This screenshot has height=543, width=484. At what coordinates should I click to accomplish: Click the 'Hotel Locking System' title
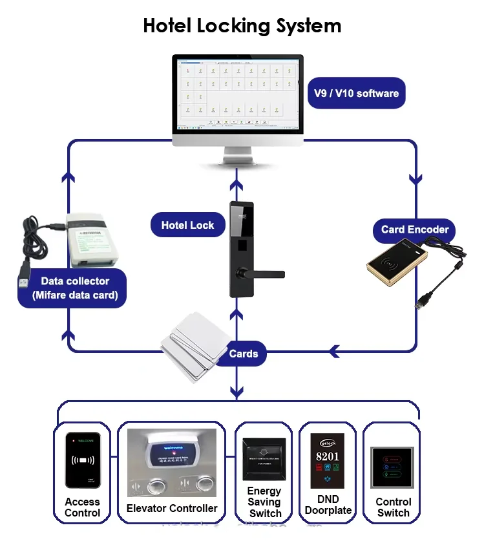242,26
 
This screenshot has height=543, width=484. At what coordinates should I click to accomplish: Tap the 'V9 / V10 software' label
356,93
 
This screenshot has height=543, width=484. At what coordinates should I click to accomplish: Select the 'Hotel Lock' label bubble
187,225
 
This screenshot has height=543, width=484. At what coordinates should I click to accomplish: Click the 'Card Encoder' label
414,229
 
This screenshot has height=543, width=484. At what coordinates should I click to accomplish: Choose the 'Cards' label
243,354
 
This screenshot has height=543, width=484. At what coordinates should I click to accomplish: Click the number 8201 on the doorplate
328,456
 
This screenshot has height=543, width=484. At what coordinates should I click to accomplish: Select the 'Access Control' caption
82,507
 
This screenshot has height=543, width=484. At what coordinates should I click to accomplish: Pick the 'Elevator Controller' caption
171,508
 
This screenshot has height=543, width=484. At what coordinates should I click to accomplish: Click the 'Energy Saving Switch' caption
265,502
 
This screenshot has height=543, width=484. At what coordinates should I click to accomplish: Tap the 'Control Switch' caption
393,507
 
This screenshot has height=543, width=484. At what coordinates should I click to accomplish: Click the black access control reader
83,460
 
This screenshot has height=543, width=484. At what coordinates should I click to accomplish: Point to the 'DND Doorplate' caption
328,505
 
